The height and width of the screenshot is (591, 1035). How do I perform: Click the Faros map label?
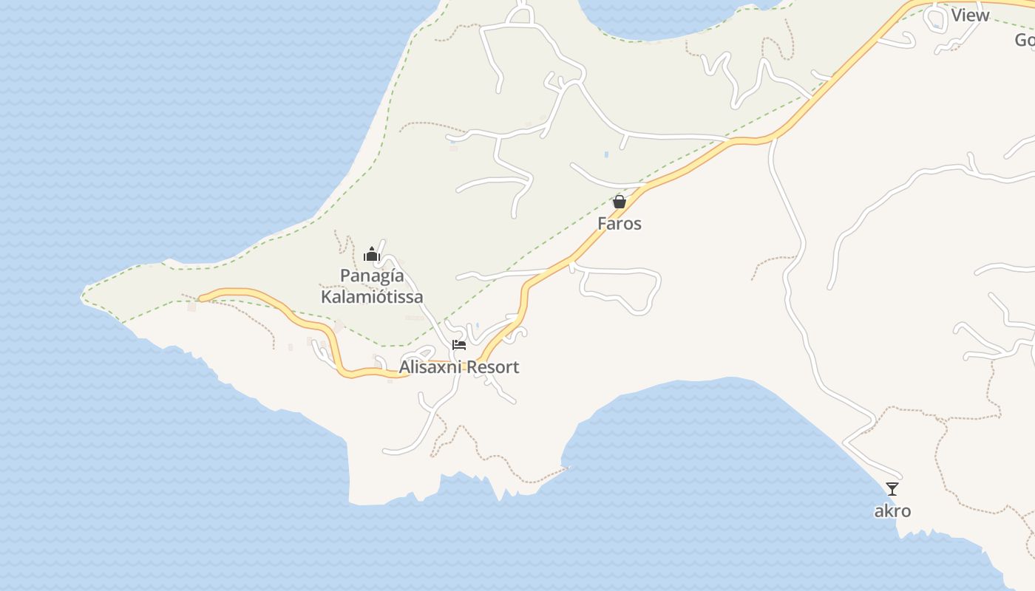point(620,223)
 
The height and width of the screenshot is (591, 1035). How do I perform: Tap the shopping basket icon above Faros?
point(620,201)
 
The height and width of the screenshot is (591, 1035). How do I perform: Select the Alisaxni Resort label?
point(459,367)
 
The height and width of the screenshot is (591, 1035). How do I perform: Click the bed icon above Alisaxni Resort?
point(459,345)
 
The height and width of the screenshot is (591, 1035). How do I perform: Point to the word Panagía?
point(372,276)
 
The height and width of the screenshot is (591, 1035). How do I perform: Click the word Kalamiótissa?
point(372,297)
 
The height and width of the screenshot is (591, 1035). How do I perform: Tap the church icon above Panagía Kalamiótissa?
point(372,255)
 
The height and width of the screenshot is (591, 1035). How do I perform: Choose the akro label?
point(892,510)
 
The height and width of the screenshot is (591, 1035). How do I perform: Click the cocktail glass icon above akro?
point(892,488)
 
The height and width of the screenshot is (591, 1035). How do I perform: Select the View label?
point(970,16)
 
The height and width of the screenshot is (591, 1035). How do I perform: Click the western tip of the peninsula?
point(82,298)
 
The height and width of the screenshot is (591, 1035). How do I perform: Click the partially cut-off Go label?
point(1025,40)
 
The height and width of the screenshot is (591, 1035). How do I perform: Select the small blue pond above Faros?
point(606,154)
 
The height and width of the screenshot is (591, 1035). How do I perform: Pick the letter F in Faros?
point(603,223)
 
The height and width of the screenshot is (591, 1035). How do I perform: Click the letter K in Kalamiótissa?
point(326,297)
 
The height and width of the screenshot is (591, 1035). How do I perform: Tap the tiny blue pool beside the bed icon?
point(477,325)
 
